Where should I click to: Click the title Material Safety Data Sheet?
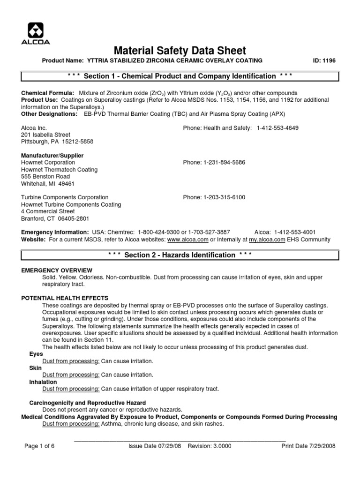(x=180, y=51)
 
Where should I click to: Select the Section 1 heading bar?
(x=180, y=76)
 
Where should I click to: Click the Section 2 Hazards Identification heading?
(x=180, y=255)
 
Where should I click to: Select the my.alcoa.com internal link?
(x=267, y=240)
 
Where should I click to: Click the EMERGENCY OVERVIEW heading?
(x=57, y=270)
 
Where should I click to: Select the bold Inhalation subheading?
(x=43, y=382)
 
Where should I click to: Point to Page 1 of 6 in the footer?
(x=39, y=446)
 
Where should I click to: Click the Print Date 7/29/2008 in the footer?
(x=308, y=446)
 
